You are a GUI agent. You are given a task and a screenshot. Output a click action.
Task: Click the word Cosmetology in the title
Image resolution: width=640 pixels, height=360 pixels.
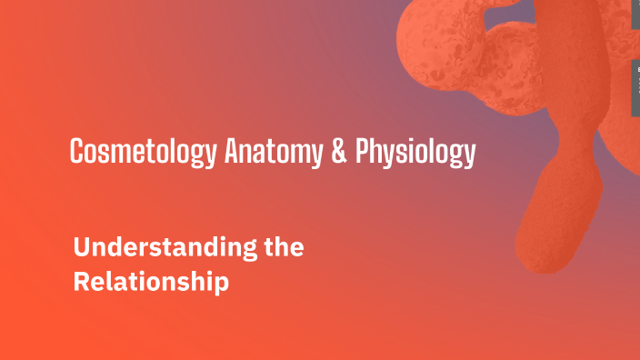click(x=143, y=152)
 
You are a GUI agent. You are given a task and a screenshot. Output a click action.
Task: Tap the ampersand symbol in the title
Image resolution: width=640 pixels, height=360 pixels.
click(x=338, y=152)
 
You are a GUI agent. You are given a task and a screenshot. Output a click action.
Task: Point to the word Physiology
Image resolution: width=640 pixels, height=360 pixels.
click(x=415, y=153)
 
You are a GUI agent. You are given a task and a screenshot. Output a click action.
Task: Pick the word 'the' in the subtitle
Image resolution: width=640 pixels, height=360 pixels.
click(x=279, y=247)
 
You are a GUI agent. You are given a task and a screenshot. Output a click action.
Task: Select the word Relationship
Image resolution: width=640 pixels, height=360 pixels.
click(x=150, y=282)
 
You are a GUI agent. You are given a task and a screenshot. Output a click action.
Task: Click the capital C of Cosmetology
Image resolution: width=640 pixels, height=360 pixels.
click(x=77, y=152)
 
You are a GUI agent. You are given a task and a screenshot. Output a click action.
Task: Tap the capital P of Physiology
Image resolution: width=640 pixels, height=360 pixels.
click(x=363, y=152)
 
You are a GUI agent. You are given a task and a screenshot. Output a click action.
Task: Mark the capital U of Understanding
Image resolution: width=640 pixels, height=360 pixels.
click(x=81, y=247)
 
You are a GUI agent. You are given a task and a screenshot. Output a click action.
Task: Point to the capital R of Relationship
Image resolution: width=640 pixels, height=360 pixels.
click(x=80, y=282)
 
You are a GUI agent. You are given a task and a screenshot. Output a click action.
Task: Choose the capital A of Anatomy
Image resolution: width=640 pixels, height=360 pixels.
click(x=231, y=152)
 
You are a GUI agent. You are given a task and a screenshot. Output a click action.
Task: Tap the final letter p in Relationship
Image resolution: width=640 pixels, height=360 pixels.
click(x=222, y=285)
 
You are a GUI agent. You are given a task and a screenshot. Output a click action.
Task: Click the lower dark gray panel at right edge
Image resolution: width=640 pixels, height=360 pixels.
click(x=635, y=88)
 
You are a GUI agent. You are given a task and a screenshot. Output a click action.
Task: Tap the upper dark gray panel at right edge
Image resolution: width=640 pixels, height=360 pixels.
click(x=635, y=13)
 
